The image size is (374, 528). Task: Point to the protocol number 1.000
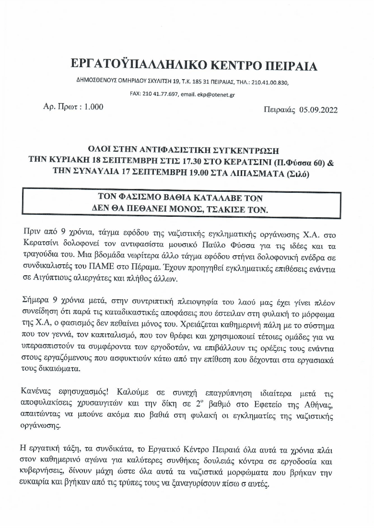pyautogui.click(x=93, y=107)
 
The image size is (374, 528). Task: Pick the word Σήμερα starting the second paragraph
pyautogui.click(x=37, y=301)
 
